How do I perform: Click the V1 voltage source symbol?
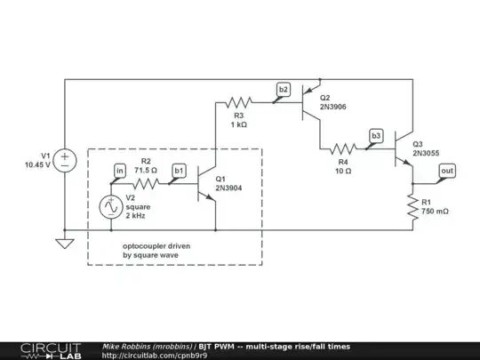click(65, 160)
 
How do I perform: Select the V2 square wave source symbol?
click(112, 206)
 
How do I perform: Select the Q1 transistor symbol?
click(210, 183)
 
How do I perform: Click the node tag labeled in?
click(119, 170)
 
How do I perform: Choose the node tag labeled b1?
click(179, 170)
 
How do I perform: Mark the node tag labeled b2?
click(283, 89)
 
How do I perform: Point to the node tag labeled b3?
click(376, 135)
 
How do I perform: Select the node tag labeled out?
click(447, 170)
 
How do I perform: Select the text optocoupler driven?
click(156, 245)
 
